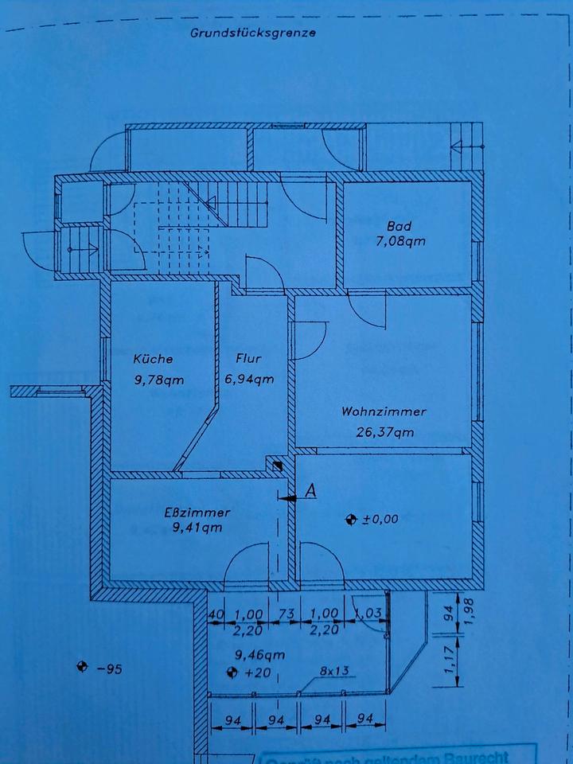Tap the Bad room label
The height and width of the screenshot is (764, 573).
pyautogui.click(x=400, y=225)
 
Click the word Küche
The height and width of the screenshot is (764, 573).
pyautogui.click(x=153, y=359)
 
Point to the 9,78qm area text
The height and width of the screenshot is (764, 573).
pyautogui.click(x=159, y=380)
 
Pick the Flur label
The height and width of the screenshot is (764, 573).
pyautogui.click(x=248, y=359)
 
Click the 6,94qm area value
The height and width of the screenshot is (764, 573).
pyautogui.click(x=250, y=380)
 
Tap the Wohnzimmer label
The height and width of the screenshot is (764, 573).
pyautogui.click(x=384, y=412)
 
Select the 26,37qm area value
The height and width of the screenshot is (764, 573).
pyautogui.click(x=384, y=433)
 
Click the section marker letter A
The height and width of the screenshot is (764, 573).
pyautogui.click(x=311, y=492)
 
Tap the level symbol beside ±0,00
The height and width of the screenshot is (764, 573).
pyautogui.click(x=349, y=520)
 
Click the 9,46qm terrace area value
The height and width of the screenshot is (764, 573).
pyautogui.click(x=258, y=657)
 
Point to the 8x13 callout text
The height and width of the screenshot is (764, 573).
pyautogui.click(x=336, y=672)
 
